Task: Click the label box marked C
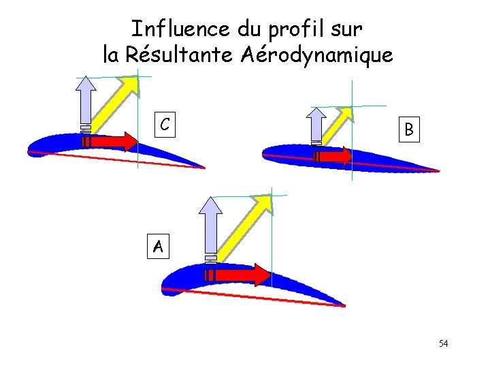pos(164,124)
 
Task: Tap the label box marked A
pos(158,245)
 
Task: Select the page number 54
pos(443,343)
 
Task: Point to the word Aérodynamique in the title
pos(316,55)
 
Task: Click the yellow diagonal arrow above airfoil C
pos(116,102)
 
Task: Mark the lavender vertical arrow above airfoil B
pos(317,125)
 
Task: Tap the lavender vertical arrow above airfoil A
pos(212,225)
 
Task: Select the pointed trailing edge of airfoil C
pos(203,167)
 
